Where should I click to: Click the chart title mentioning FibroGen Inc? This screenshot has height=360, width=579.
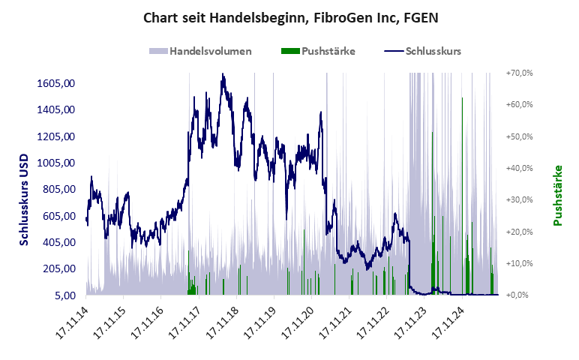coord(289,17)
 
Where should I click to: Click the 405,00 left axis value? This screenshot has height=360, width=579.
coord(61,242)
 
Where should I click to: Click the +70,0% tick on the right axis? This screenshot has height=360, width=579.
coord(519,73)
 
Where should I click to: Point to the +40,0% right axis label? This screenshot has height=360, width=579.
coord(519,168)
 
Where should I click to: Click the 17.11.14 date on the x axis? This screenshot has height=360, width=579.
coord(73,321)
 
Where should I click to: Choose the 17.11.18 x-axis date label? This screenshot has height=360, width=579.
coord(223,321)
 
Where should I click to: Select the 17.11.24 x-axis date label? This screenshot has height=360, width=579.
coord(448,321)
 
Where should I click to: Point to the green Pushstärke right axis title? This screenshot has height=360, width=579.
coord(557,196)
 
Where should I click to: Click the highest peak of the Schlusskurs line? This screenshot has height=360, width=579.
coord(223,74)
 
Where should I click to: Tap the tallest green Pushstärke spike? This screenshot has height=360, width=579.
coord(462,98)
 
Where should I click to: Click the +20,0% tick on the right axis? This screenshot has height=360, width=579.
coord(519,232)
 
